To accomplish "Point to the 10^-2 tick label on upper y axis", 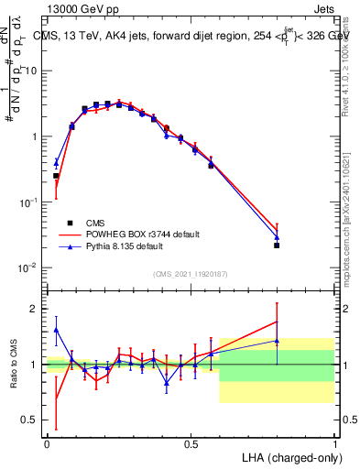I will [30, 267].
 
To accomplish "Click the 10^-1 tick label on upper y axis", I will [30, 202].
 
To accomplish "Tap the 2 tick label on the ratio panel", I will [36, 309].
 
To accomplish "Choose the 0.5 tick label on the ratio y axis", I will [32, 420].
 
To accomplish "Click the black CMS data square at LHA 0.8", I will [277, 245].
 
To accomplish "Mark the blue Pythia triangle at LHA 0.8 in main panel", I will [277, 237].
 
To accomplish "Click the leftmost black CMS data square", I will [56, 176].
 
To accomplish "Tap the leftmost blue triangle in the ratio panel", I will [56, 330].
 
